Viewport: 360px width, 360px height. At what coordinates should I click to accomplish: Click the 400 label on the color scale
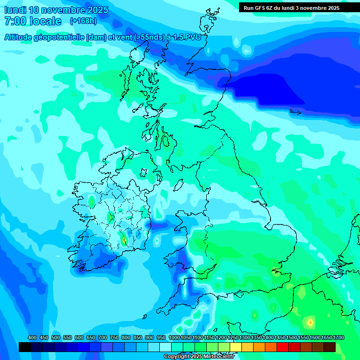[x=32, y=337]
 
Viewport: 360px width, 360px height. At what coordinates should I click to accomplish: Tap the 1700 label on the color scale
[x=338, y=337]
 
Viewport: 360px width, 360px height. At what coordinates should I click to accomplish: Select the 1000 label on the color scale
[x=174, y=337]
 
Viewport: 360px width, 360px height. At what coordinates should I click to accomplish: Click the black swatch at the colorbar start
[x=25, y=347]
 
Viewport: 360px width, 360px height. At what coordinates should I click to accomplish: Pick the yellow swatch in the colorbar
[x=236, y=347]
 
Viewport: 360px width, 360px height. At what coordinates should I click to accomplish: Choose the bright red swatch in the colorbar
[x=283, y=347]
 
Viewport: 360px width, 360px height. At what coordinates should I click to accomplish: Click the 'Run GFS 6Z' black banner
[x=291, y=7]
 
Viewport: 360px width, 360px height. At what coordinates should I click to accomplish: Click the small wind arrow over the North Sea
[x=295, y=112]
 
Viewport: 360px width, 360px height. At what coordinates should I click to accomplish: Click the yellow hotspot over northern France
[x=310, y=322]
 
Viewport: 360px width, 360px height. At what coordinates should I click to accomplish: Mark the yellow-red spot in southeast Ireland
[x=124, y=240]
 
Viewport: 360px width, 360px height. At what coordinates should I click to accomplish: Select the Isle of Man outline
[x=179, y=185]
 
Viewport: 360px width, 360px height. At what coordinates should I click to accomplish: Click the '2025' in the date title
[x=97, y=10]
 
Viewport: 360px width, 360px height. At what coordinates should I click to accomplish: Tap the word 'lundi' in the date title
[x=15, y=10]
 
